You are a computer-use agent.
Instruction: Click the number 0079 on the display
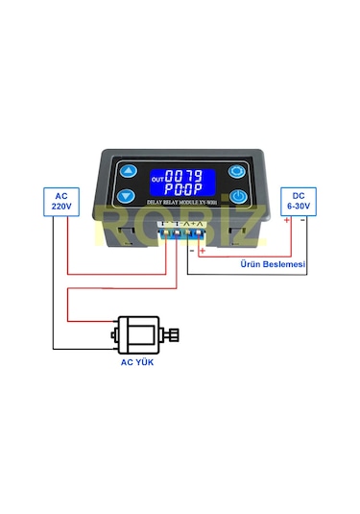(x=184, y=177)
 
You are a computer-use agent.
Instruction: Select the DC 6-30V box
(x=297, y=200)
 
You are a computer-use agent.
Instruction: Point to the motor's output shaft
(x=174, y=334)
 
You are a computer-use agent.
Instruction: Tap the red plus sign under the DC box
(x=286, y=221)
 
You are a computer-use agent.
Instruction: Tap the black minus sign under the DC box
(x=302, y=220)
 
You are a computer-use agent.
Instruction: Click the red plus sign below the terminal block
(x=203, y=251)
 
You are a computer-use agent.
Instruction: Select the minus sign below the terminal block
(x=191, y=251)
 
